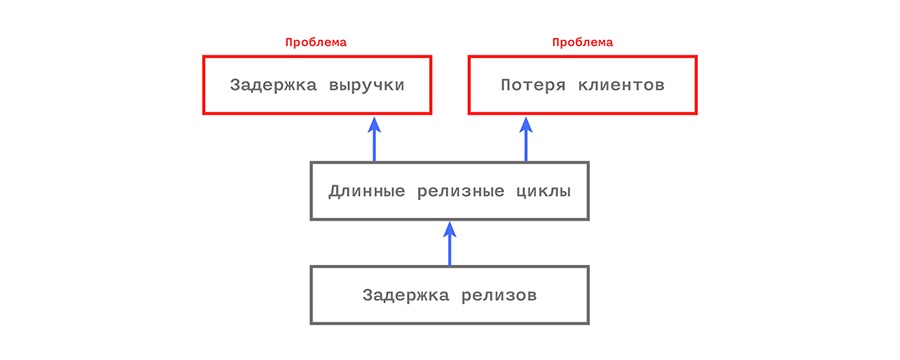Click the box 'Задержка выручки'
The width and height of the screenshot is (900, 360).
click(x=317, y=85)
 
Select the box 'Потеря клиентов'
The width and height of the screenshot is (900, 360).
click(x=583, y=85)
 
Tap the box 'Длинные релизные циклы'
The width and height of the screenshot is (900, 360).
click(x=449, y=190)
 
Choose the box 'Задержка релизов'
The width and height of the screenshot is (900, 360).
click(x=449, y=295)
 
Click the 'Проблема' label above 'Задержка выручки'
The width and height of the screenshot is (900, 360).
click(x=316, y=42)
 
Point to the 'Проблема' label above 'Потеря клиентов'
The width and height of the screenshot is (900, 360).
click(x=583, y=42)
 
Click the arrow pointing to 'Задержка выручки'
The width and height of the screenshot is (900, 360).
click(x=374, y=140)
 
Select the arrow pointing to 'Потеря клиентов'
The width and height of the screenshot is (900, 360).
click(x=525, y=140)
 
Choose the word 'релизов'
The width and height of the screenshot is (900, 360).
click(x=499, y=295)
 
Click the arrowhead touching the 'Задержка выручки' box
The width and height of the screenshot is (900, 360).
click(x=374, y=124)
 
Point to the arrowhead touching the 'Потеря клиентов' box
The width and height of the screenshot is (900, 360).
click(x=525, y=124)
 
